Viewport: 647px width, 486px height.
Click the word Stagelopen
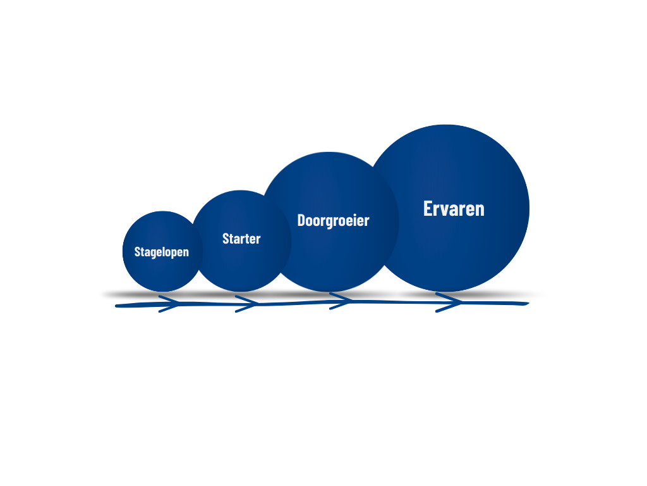click(x=161, y=252)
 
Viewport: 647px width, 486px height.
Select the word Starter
click(x=241, y=239)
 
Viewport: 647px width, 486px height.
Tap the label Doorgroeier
click(x=333, y=220)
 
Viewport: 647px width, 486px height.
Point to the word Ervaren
click(x=454, y=209)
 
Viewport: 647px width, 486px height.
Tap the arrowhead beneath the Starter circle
click(x=248, y=304)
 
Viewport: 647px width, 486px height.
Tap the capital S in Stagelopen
click(x=137, y=252)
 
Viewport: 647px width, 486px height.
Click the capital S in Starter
click(x=226, y=239)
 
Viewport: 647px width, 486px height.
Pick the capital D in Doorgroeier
click(x=301, y=220)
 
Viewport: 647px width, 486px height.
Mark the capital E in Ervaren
click(x=428, y=209)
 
